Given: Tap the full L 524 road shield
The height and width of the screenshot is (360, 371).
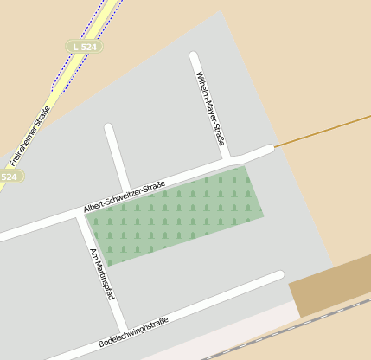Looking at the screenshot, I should click(x=84, y=45).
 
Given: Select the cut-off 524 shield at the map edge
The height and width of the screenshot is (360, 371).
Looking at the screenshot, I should click(x=9, y=177).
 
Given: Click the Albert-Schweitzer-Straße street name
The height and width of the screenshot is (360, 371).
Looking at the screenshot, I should click(x=125, y=197).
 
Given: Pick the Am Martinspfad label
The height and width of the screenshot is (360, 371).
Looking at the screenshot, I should click(x=102, y=273).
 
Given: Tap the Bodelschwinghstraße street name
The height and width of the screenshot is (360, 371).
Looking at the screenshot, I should click(x=133, y=332).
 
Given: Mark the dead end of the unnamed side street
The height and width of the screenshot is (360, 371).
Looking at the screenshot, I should click(x=110, y=129).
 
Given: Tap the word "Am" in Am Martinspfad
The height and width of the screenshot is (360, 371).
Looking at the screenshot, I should click(x=94, y=254).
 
